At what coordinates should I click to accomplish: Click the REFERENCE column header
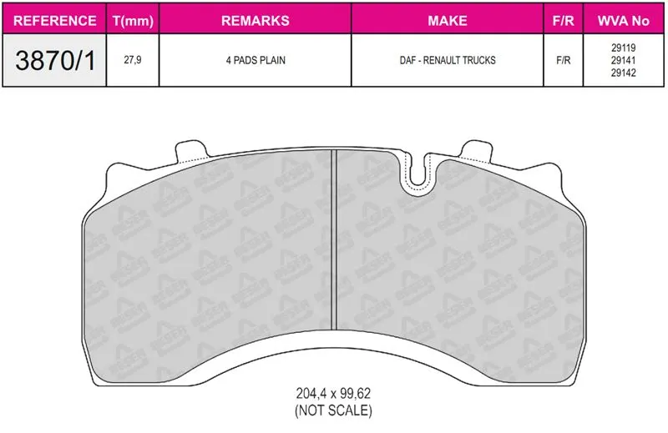click(x=54, y=20)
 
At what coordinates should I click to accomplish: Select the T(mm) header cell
click(x=133, y=21)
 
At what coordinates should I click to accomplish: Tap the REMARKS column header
click(x=256, y=20)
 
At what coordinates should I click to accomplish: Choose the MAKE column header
click(x=448, y=20)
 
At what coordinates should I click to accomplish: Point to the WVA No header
click(x=623, y=20)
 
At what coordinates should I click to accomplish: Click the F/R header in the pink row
click(x=563, y=20)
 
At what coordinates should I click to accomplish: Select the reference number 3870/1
click(x=55, y=60)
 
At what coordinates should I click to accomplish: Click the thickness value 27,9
click(x=133, y=60)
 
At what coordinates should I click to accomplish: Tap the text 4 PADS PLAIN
click(x=256, y=60)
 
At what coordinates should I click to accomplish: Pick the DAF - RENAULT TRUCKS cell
click(x=448, y=60)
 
